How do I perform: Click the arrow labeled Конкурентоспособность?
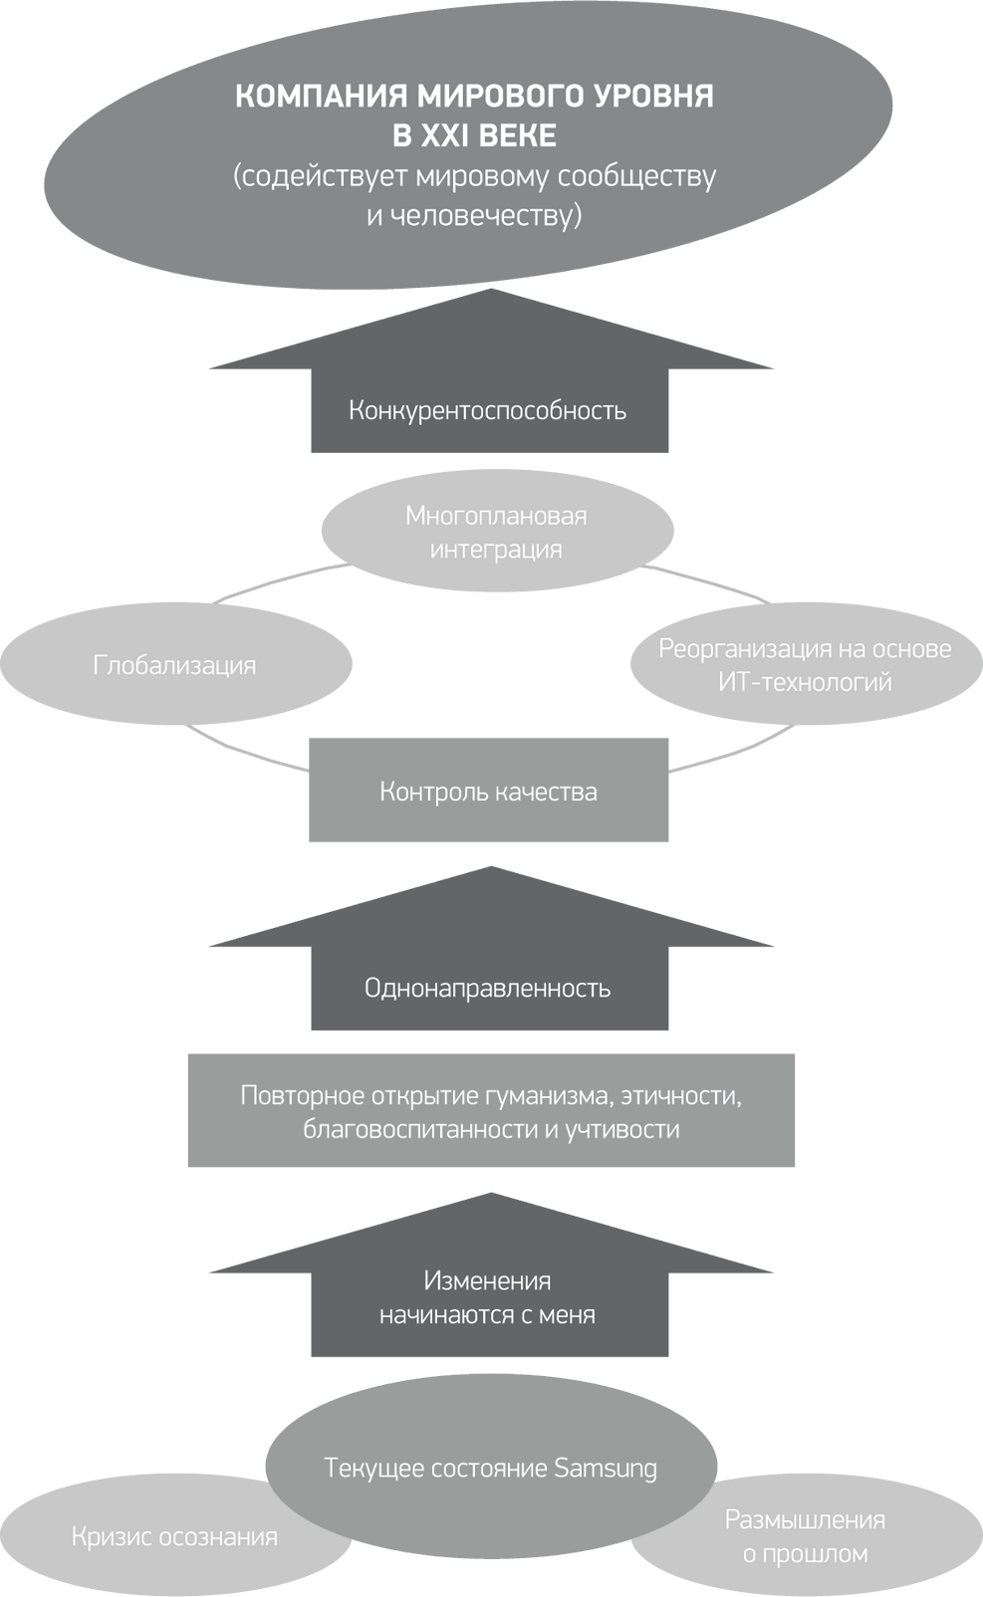click(488, 410)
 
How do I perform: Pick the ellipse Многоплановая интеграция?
click(496, 532)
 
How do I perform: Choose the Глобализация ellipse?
click(175, 665)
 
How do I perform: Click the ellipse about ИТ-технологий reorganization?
click(805, 665)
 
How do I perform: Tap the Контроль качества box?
click(488, 792)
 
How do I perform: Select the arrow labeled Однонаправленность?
click(488, 988)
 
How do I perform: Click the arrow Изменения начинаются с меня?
click(488, 1298)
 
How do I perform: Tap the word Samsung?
click(606, 1468)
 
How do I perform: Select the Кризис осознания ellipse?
click(175, 1536)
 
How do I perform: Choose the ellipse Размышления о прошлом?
click(805, 1535)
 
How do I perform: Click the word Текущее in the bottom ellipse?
click(369, 1468)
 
